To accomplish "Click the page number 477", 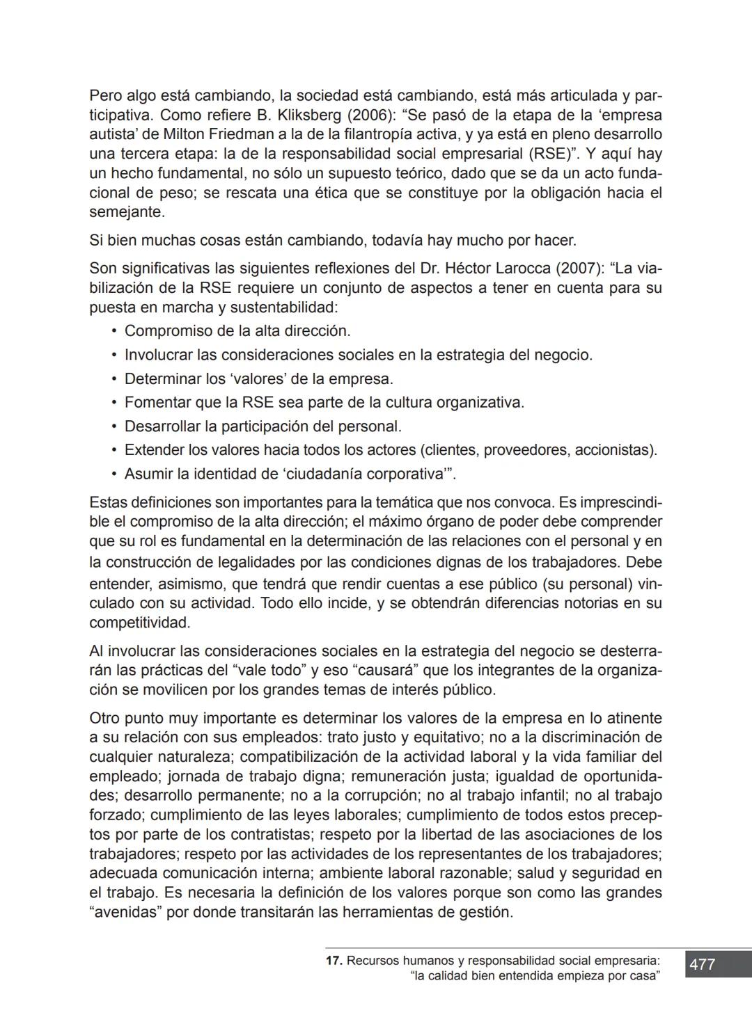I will (x=702, y=964).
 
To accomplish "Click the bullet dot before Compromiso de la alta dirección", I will (x=113, y=331).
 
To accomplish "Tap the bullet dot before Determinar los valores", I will (x=113, y=379).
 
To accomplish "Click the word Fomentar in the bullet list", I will (x=155, y=403).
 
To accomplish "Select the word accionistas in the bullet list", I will (x=613, y=450).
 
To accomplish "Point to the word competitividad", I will (x=139, y=623).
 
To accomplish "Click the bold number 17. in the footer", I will (x=334, y=961).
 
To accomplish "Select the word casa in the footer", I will (x=643, y=976).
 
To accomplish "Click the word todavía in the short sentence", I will (x=397, y=241).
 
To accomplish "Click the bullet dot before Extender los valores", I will (x=113, y=450).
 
